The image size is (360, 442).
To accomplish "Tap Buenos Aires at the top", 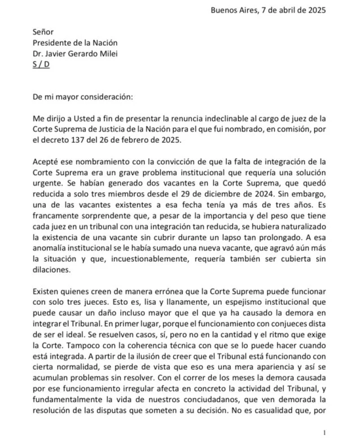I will [x=232, y=10].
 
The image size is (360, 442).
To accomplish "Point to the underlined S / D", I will [x=41, y=64].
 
